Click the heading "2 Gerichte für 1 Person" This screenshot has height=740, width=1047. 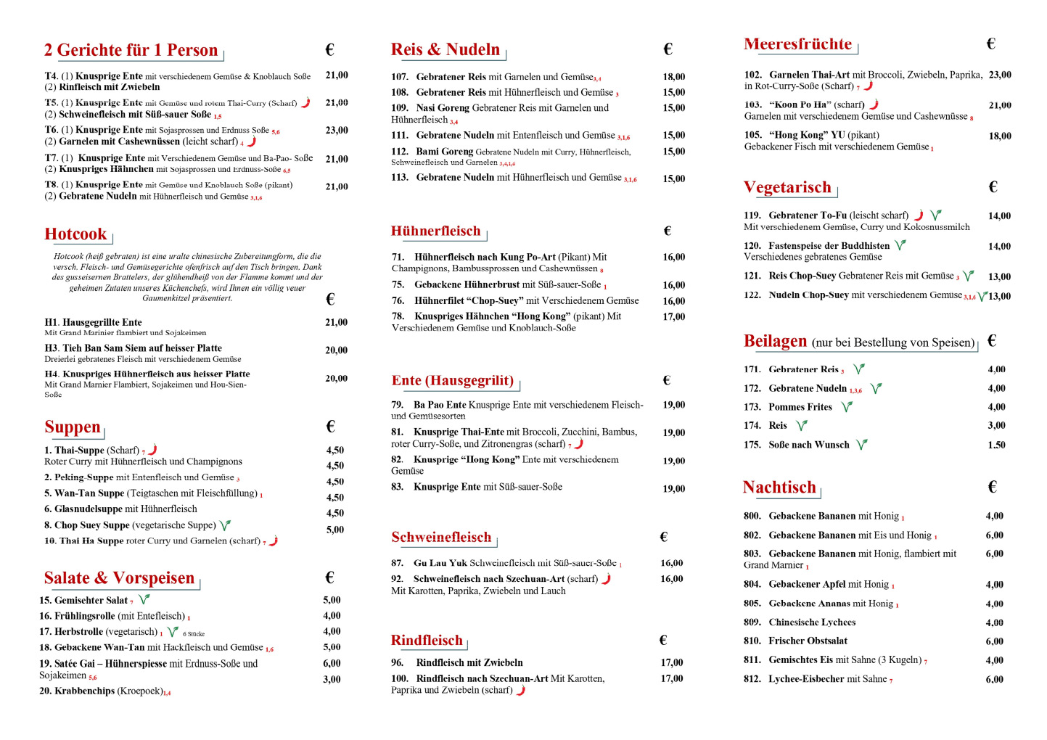[131, 50]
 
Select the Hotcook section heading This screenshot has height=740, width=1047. [75, 234]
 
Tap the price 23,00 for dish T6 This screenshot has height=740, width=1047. [337, 131]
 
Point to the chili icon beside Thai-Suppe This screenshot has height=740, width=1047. [152, 450]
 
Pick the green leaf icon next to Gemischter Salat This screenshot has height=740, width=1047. [144, 599]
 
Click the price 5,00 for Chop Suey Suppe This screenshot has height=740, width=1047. [334, 530]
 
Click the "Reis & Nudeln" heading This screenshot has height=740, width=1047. [446, 49]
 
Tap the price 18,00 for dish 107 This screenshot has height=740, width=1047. [673, 77]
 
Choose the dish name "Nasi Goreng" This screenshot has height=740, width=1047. [443, 108]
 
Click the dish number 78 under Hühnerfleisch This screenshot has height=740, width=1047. [398, 316]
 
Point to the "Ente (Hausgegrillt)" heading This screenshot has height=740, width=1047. [453, 381]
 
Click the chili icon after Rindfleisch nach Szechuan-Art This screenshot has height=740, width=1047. [520, 690]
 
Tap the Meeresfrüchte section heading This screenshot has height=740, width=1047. [797, 44]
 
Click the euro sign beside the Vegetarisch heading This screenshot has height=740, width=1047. [993, 187]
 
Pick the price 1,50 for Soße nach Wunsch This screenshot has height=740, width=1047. [996, 445]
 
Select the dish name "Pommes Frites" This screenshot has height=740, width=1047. [800, 407]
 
